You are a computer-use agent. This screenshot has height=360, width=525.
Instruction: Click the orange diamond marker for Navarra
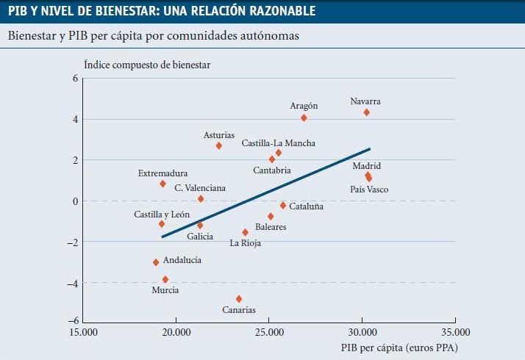(366, 112)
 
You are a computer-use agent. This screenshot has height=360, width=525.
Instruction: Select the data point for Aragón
(304, 118)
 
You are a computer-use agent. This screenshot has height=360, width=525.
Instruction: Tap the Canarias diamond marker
(239, 299)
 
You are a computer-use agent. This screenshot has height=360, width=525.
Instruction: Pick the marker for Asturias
(219, 145)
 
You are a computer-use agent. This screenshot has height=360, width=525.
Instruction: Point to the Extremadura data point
(162, 184)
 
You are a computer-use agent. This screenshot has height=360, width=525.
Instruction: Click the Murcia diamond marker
(165, 279)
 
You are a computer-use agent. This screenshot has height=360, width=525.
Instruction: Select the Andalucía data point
(156, 262)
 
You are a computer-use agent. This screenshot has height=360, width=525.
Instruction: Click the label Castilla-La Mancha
(278, 143)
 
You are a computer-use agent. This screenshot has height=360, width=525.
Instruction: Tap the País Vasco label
(368, 190)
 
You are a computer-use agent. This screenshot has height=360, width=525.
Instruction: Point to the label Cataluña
(306, 207)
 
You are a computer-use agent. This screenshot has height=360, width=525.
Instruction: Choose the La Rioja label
(246, 242)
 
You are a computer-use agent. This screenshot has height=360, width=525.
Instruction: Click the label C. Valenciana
(200, 188)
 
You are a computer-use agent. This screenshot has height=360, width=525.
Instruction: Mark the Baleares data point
(271, 216)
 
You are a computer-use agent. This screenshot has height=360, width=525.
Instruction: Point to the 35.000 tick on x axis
(454, 331)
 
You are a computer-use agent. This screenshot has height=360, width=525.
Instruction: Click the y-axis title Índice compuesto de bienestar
(147, 65)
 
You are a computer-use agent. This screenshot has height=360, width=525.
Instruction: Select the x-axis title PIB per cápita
(404, 347)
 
